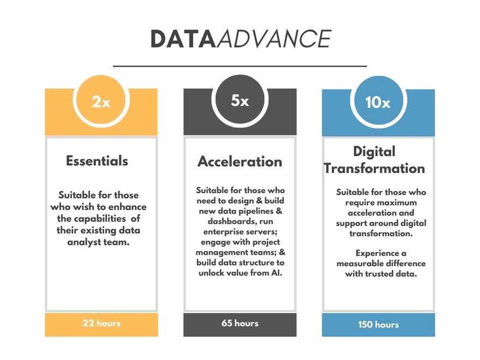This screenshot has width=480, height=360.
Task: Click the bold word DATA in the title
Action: coord(183,39)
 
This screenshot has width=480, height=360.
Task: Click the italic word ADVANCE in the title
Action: coord(274,39)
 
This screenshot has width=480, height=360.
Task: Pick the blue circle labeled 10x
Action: coord(379,101)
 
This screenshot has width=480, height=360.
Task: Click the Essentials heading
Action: coord(97,161)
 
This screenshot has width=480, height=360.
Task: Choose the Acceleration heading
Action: coord(240,161)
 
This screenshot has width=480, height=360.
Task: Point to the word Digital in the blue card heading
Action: coord(374,152)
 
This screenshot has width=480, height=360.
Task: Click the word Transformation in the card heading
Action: coord(374,169)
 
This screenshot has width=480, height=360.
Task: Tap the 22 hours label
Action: coord(101,323)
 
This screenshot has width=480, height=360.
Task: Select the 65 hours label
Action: coord(240,323)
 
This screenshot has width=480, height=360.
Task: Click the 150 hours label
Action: coord(379,325)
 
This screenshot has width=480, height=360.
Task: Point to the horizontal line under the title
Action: coord(240,66)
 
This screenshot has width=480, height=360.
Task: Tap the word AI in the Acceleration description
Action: coord(277,273)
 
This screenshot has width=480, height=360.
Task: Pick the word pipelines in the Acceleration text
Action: coord(256,211)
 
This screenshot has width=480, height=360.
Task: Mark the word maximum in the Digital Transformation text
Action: coord(398,203)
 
